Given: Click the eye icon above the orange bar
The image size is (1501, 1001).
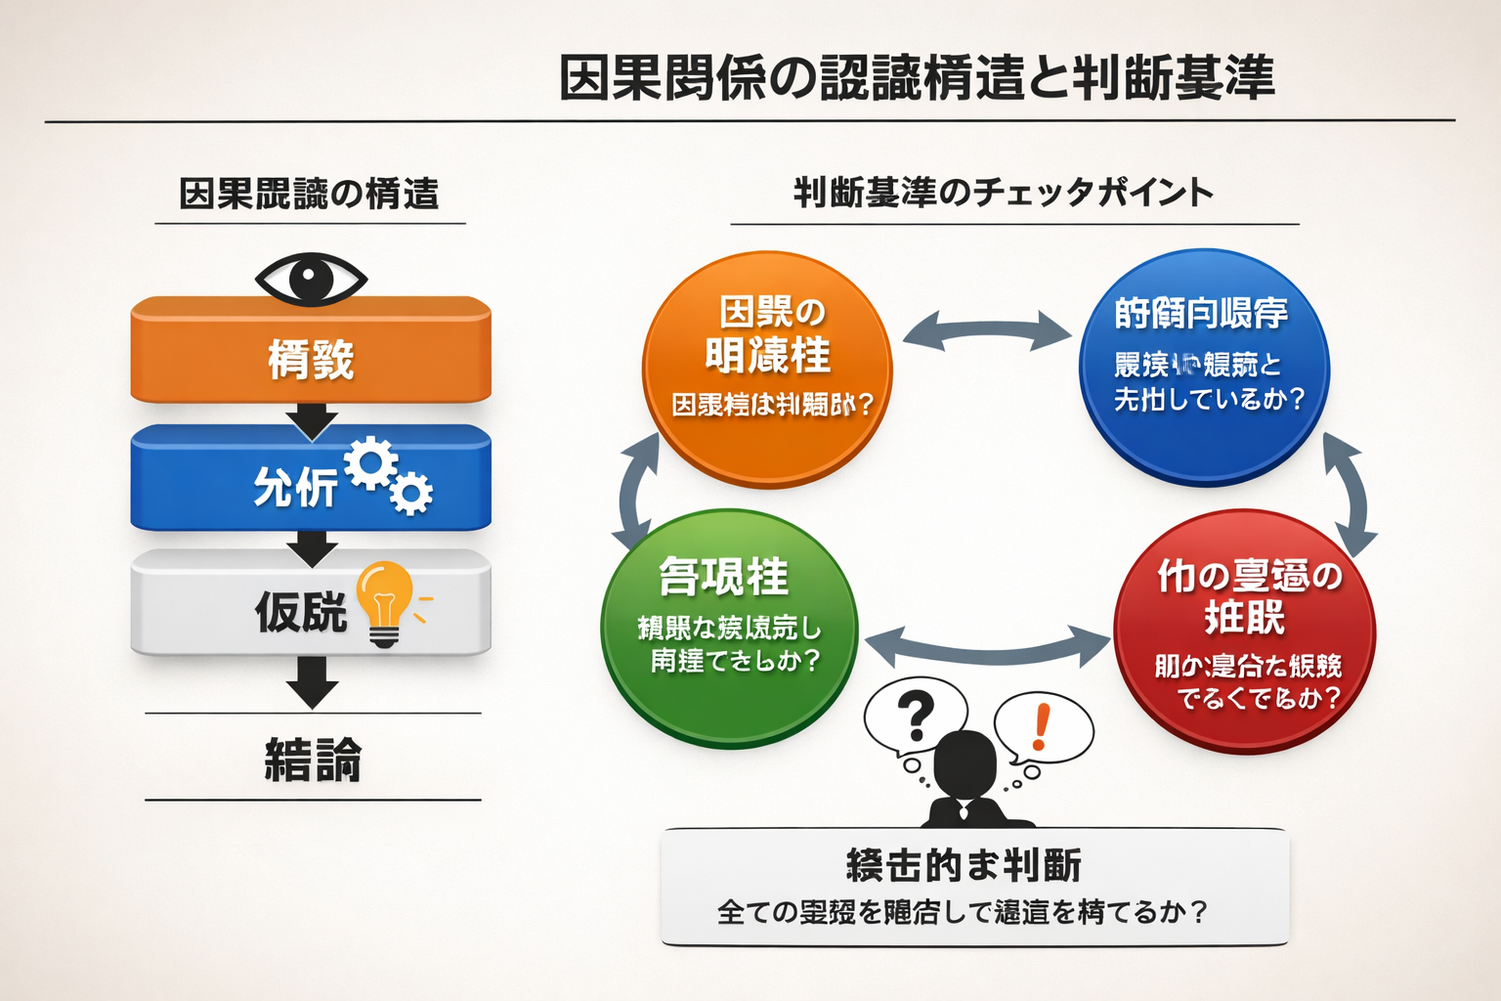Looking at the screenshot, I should point(311,278).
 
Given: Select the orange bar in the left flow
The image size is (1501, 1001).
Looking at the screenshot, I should point(311,350).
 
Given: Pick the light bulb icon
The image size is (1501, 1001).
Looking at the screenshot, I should point(385,602).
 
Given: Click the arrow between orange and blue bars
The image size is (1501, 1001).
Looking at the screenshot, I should point(312,420).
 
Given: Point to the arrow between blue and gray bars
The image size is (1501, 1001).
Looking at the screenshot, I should point(312,547).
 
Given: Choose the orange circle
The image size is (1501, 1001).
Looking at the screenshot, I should point(767,370).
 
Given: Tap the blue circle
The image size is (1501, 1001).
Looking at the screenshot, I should point(1203,368).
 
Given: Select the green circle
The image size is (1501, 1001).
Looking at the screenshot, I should point(729,628).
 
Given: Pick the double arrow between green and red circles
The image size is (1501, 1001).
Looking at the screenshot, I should point(988,646).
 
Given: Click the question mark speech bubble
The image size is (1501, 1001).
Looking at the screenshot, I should point(915,716).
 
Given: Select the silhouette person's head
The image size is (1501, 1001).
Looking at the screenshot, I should point(965,762).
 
